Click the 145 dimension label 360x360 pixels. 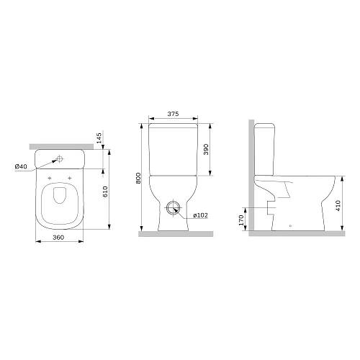click(x=98, y=138)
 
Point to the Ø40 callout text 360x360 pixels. click(x=21, y=167)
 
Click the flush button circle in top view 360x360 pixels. click(x=60, y=158)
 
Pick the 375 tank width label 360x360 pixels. click(x=172, y=114)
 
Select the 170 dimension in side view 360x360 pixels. click(x=241, y=220)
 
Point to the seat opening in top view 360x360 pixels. click(x=60, y=203)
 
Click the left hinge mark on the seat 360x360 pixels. click(x=49, y=178)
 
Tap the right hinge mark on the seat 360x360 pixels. click(x=71, y=178)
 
